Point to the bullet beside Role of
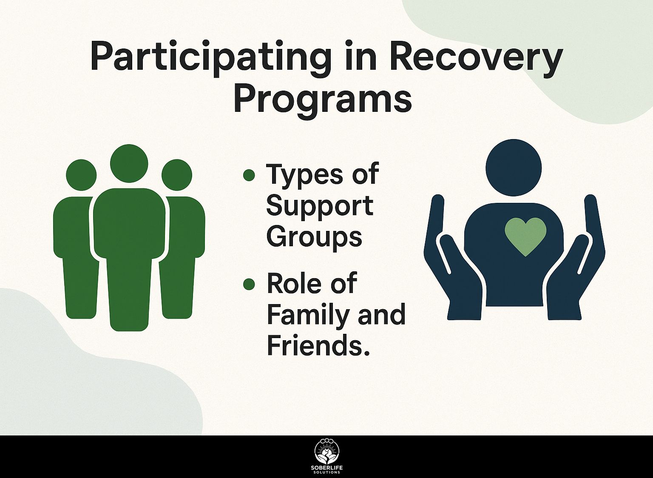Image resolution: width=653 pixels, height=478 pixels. pyautogui.click(x=249, y=285)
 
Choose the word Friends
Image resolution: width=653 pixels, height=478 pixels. pyautogui.click(x=318, y=347)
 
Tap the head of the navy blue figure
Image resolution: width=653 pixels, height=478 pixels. pyautogui.click(x=514, y=168)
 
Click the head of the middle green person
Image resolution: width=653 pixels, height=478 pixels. pyautogui.click(x=129, y=164)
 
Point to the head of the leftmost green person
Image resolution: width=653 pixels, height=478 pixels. pyautogui.click(x=81, y=175)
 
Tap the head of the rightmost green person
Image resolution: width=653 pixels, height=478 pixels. pyautogui.click(x=177, y=175)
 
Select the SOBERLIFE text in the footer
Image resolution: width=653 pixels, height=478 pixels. pyautogui.click(x=327, y=470)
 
